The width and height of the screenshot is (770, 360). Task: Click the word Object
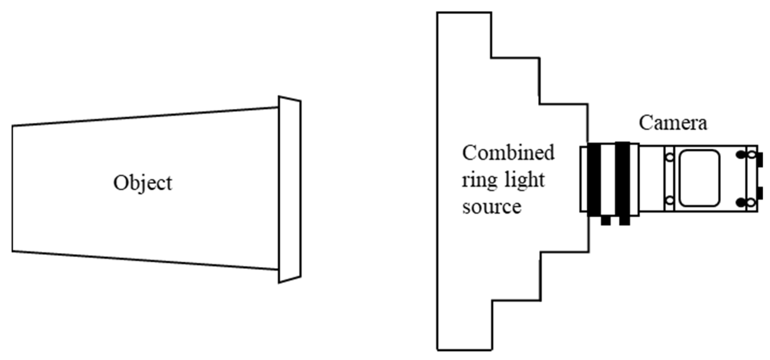click(x=143, y=183)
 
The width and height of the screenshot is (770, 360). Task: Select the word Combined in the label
click(x=508, y=153)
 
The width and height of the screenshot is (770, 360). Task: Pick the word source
click(x=491, y=206)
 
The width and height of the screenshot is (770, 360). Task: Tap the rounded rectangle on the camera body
click(x=700, y=178)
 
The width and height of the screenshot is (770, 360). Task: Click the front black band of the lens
click(x=594, y=179)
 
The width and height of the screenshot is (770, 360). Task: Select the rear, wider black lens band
click(x=622, y=179)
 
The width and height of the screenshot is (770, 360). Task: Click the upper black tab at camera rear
click(x=760, y=160)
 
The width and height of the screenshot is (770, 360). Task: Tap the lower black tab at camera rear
click(x=760, y=194)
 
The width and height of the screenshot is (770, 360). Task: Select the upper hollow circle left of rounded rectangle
click(x=670, y=157)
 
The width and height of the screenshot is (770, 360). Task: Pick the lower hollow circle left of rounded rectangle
click(x=670, y=200)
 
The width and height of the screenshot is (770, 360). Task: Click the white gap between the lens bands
click(x=608, y=179)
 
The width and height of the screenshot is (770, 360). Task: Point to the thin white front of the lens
click(x=584, y=179)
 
